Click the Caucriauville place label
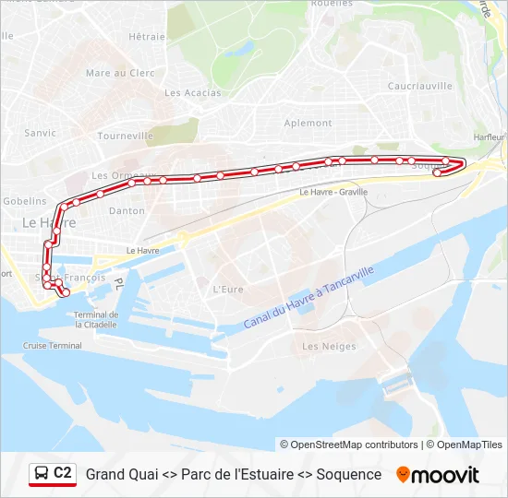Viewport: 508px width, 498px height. coord(420,86)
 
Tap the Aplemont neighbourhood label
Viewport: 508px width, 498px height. coord(308,123)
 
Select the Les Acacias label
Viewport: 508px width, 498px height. coord(186,92)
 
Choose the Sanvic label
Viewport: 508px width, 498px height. coord(41,133)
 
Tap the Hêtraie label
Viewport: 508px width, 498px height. coord(147,37)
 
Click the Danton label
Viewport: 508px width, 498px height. coord(127,210)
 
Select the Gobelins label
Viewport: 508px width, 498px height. coord(24,200)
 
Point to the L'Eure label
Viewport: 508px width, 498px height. coord(227,289)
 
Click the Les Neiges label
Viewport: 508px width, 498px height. coord(329,347)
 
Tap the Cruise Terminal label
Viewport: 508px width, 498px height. coord(53,346)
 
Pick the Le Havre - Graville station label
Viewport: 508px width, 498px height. coord(333,193)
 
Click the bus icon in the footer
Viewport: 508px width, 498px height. coord(41,474)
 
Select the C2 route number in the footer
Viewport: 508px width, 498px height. coord(63,473)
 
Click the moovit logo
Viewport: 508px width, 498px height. coord(438,475)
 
